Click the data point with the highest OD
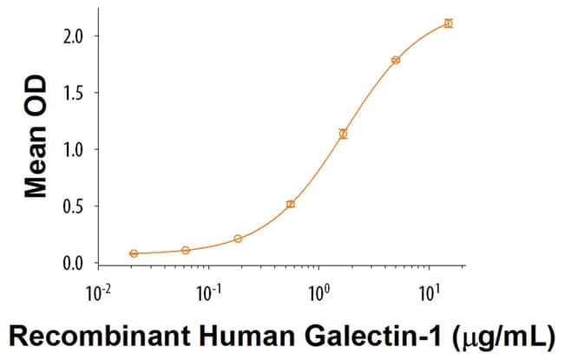448,23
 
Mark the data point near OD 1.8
396,60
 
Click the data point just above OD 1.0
344,134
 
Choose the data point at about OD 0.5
291,204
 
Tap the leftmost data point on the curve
134,253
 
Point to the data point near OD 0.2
238,239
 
